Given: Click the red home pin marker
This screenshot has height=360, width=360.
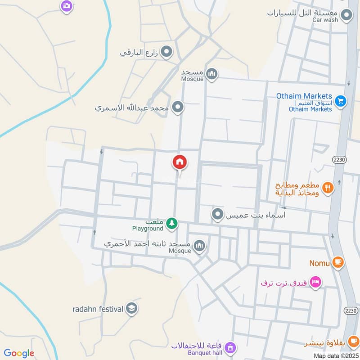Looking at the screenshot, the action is click(180, 162).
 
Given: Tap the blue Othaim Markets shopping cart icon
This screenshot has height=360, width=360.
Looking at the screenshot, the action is click(341, 102).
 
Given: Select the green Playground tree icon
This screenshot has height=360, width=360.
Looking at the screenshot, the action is click(171, 223).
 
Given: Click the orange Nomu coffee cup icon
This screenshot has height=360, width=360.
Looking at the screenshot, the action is click(338, 262).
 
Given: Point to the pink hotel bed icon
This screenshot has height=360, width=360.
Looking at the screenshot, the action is click(315, 282).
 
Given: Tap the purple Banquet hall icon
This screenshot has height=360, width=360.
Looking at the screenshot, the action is click(230, 347).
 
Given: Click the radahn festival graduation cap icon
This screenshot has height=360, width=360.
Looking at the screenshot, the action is click(132, 308).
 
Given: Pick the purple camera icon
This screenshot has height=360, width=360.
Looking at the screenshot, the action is click(67, 6).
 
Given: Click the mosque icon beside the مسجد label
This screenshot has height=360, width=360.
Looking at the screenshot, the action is click(211, 74).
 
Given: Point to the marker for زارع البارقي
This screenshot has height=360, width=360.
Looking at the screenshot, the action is click(167, 52).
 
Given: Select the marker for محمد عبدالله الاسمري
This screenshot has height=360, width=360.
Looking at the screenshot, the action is click(178, 108).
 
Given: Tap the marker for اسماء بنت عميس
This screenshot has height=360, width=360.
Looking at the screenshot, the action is click(218, 215).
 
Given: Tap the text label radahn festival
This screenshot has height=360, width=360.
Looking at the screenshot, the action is click(98, 309).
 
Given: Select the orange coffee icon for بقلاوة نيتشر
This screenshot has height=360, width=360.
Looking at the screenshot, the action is click(353, 341).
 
